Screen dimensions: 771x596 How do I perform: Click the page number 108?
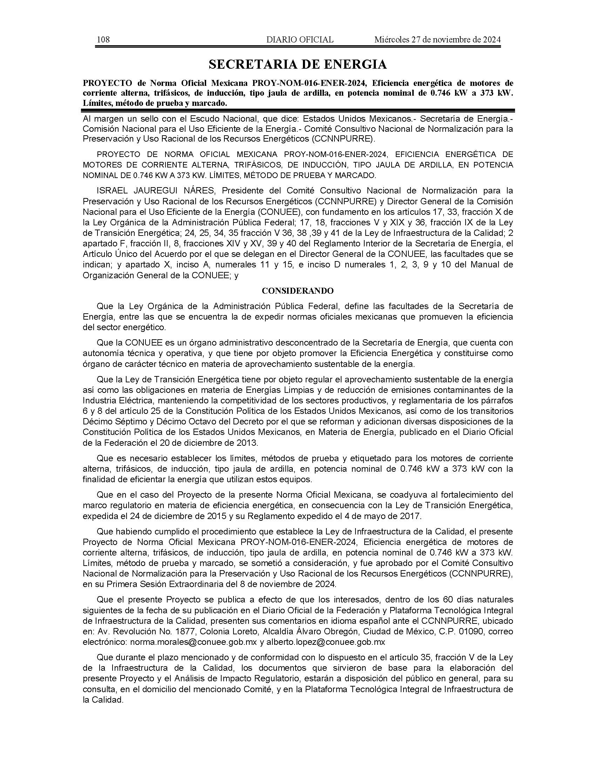tap(103, 40)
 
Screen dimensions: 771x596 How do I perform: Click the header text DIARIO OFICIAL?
tap(300, 40)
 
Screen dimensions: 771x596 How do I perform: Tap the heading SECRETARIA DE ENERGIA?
tap(298, 64)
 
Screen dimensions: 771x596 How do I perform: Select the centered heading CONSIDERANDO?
tap(298, 291)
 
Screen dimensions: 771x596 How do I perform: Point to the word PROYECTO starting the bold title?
tap(108, 83)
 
